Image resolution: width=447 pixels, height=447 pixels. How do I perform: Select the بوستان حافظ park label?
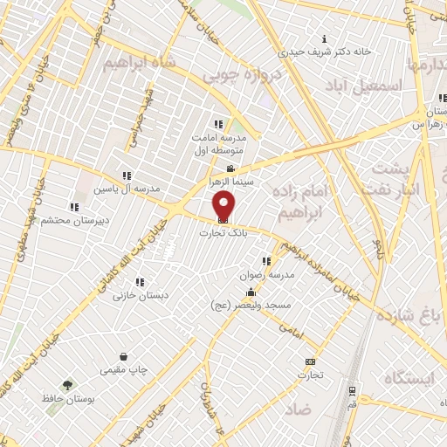pos(66,399)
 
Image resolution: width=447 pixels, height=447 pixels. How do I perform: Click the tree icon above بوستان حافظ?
pos(66,385)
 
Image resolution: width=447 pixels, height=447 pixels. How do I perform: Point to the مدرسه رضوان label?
pos(265,274)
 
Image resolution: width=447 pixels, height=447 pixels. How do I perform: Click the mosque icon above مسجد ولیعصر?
pos(252,292)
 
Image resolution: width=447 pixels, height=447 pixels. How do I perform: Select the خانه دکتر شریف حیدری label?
pos(325,52)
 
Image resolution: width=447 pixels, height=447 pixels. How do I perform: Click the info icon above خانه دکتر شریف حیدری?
pos(325,38)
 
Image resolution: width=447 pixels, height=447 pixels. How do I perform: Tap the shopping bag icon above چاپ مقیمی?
pos(124,356)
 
